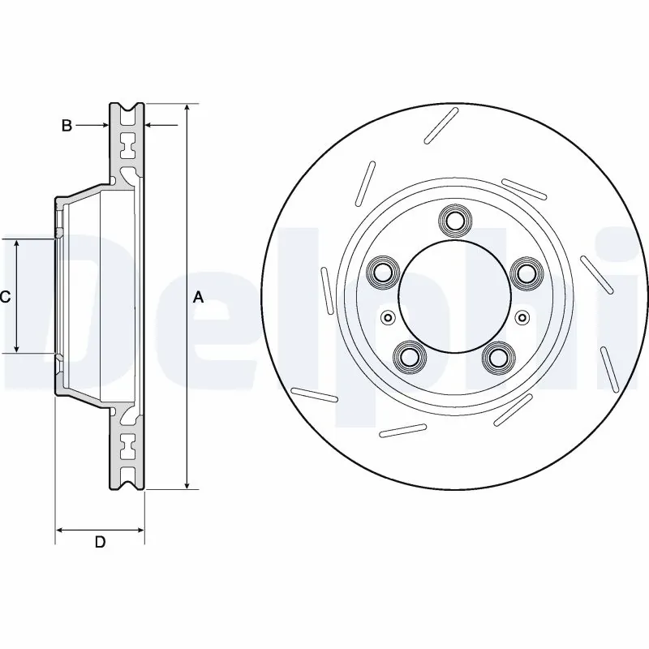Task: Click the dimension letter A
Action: point(198,298)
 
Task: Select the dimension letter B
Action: point(68,126)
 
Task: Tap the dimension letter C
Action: point(5,298)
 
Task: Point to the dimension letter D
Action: point(100,543)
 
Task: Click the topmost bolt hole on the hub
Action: point(454,220)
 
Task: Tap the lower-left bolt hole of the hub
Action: point(409,357)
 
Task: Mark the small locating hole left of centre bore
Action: point(388,316)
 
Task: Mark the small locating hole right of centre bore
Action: point(522,316)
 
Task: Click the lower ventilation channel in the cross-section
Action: point(127,445)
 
